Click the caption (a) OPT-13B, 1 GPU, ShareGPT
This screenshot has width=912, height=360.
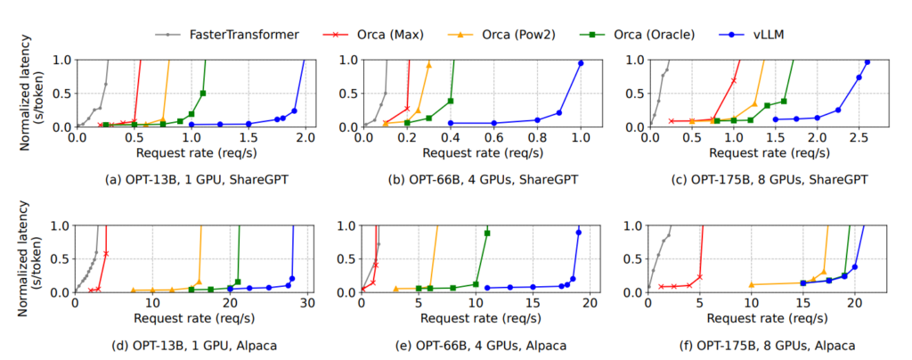click(191, 178)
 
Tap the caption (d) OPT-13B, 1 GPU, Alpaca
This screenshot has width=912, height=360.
click(191, 344)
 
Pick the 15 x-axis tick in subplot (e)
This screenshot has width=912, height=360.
click(533, 305)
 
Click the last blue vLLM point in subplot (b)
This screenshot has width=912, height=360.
click(581, 63)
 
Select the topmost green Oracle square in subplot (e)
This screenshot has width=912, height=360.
click(487, 233)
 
